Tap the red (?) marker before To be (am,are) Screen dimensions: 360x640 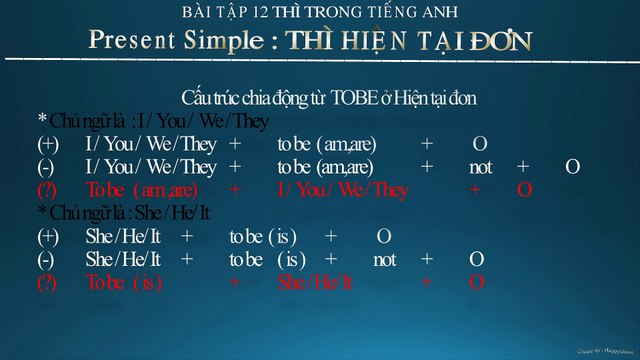pyautogui.click(x=47, y=190)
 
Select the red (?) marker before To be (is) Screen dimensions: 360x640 pyautogui.click(x=47, y=282)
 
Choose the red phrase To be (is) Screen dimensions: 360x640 pyautogui.click(x=124, y=282)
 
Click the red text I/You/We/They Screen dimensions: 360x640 pyautogui.click(x=336, y=190)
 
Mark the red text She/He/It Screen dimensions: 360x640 pyautogui.click(x=315, y=282)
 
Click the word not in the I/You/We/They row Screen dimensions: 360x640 pyautogui.click(x=480, y=167)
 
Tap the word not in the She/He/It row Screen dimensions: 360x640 pyautogui.click(x=384, y=259)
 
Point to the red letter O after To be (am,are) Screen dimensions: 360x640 pyautogui.click(x=524, y=190)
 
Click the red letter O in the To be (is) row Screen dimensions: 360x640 pyautogui.click(x=477, y=282)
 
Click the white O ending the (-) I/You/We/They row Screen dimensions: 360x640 pyautogui.click(x=571, y=167)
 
